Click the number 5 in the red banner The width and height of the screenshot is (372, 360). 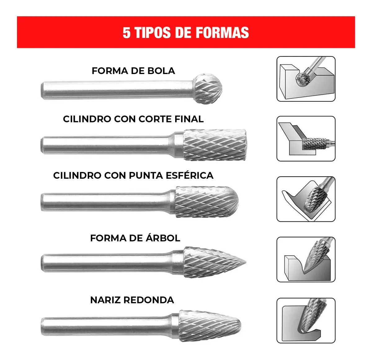click(x=126, y=33)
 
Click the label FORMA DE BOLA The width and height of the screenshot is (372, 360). click(x=133, y=71)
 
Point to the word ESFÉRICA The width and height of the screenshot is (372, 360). click(x=189, y=175)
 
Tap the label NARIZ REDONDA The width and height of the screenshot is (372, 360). click(x=132, y=300)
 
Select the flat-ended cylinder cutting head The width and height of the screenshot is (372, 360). click(x=215, y=145)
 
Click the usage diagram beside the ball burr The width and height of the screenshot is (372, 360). click(x=306, y=79)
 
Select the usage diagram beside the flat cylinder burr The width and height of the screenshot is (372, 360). click(x=306, y=139)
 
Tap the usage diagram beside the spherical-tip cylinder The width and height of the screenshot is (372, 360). click(x=306, y=199)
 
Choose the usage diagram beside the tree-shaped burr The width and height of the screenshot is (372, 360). click(x=306, y=259)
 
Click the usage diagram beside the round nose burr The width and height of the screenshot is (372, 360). click(x=306, y=320)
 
